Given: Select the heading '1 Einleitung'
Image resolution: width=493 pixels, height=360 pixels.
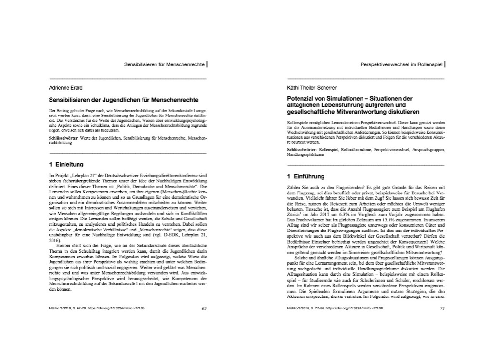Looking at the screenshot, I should (66, 164).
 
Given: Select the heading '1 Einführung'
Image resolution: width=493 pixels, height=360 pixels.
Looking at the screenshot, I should (306, 176).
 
